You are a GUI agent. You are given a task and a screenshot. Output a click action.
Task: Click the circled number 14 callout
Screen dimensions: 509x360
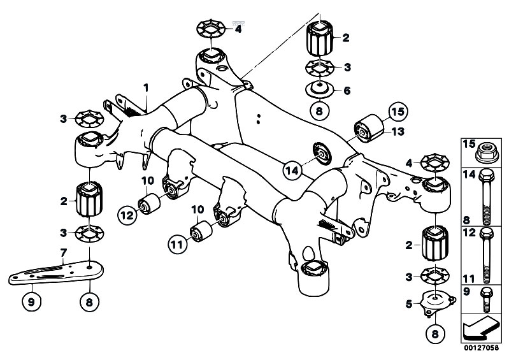[x=292, y=170]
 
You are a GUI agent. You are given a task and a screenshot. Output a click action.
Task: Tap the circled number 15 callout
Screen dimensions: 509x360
[x=398, y=112]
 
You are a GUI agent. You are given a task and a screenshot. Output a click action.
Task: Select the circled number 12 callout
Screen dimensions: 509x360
[x=127, y=215]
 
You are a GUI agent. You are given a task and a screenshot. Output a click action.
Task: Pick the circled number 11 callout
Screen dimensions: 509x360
[x=177, y=244]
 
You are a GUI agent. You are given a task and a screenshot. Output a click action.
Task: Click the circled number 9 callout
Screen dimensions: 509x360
[x=31, y=303]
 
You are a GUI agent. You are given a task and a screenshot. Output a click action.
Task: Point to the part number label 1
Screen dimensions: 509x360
[x=146, y=88]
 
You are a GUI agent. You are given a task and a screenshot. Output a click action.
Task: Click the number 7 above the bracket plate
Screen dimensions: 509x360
[x=63, y=252]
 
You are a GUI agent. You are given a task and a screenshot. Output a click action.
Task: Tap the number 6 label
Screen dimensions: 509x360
[x=347, y=90]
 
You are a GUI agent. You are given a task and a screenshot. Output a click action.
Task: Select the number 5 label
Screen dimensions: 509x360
[x=409, y=304]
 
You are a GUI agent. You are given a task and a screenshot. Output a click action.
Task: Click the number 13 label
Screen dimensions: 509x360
[x=398, y=131]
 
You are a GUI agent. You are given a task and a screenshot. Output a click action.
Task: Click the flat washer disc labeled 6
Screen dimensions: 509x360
[x=320, y=90]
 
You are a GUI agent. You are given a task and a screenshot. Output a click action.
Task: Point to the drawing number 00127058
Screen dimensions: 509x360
[x=481, y=348]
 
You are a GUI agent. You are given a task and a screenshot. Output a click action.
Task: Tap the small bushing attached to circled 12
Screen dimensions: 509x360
[x=149, y=203]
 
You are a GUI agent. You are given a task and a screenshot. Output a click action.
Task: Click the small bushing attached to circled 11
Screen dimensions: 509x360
[x=201, y=231]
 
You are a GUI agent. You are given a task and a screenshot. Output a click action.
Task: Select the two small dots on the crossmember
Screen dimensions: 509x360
[x=259, y=119]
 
